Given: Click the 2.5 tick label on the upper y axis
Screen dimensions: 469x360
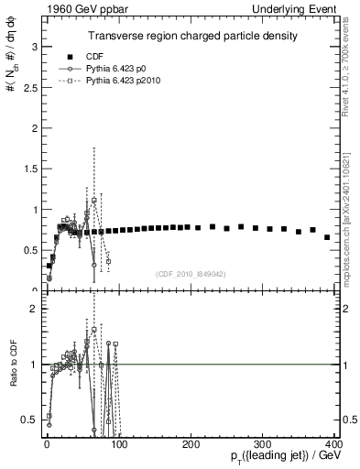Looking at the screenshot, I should tap(28, 87).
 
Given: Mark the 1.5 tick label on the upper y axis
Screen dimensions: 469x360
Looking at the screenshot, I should tap(28, 169).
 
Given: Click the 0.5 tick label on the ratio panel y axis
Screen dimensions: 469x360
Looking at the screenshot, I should tap(28, 420).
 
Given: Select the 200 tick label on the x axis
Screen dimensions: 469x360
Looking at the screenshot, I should tap(191, 444).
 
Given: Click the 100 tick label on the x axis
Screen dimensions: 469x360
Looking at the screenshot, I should tap(118, 444).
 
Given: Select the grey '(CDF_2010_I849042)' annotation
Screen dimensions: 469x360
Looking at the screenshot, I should tap(191, 273).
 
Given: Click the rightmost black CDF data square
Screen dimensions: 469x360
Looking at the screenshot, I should tap(327, 237).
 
